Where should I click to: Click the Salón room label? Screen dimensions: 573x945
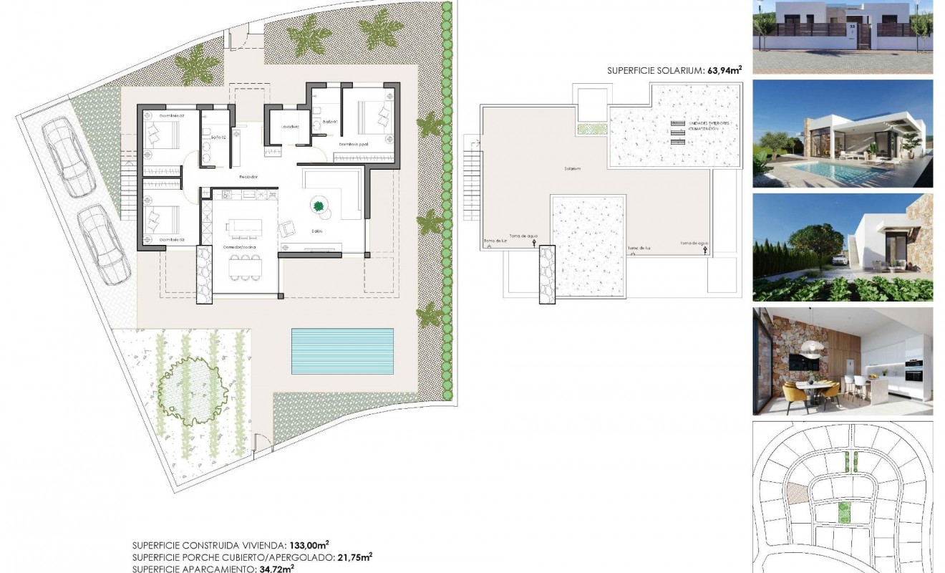[316, 231]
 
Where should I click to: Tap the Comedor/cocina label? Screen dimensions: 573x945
[240, 247]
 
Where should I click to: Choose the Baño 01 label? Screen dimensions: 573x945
[329, 122]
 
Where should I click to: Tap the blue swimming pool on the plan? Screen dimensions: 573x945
[342, 351]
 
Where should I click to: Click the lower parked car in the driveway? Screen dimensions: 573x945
[103, 244]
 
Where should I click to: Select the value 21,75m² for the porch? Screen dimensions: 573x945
[354, 557]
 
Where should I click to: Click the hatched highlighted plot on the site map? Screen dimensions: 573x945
[795, 493]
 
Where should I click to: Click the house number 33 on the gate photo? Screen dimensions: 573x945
[852, 27]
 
